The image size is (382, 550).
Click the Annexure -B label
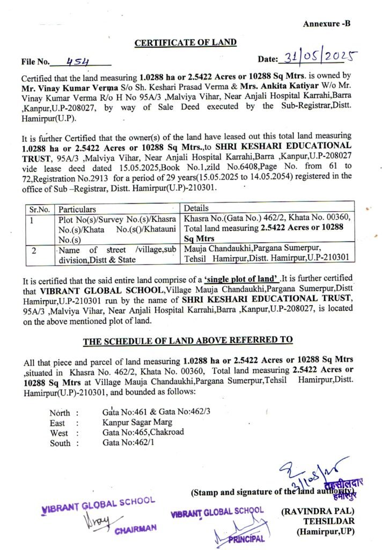click(326, 24)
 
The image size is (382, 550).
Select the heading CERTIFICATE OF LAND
click(185, 42)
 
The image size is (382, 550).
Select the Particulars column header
click(77, 209)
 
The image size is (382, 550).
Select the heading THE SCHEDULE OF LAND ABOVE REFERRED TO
click(188, 340)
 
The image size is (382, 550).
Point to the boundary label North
click(60, 413)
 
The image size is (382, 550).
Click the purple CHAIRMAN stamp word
click(135, 529)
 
